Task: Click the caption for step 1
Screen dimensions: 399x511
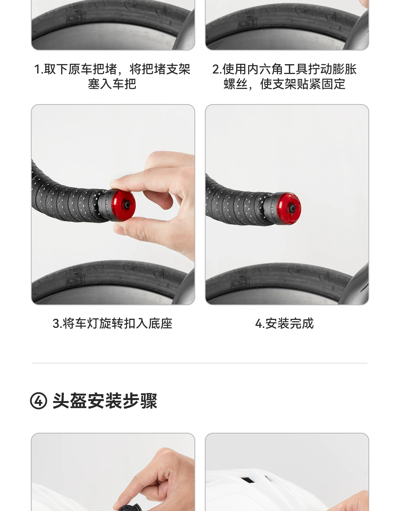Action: (112, 77)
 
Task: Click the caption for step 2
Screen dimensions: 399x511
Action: (284, 77)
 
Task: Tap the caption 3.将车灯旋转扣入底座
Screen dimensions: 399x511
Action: (113, 324)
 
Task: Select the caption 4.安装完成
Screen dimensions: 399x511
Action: (284, 324)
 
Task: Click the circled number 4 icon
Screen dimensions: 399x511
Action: (39, 401)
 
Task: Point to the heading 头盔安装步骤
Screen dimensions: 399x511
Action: (105, 401)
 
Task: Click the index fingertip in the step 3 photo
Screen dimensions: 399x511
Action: (117, 183)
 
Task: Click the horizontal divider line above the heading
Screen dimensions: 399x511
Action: (199, 363)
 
